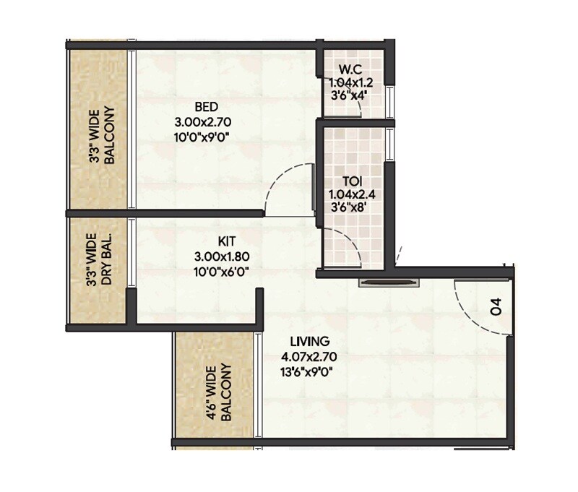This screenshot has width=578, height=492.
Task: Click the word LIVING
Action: (310, 341)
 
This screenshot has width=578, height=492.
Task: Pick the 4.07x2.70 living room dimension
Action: (310, 356)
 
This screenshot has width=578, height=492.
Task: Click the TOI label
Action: (353, 181)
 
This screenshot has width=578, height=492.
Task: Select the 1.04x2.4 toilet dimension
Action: (353, 194)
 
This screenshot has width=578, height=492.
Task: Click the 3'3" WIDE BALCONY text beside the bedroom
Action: (102, 137)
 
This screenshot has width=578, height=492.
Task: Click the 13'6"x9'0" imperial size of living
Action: (310, 371)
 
